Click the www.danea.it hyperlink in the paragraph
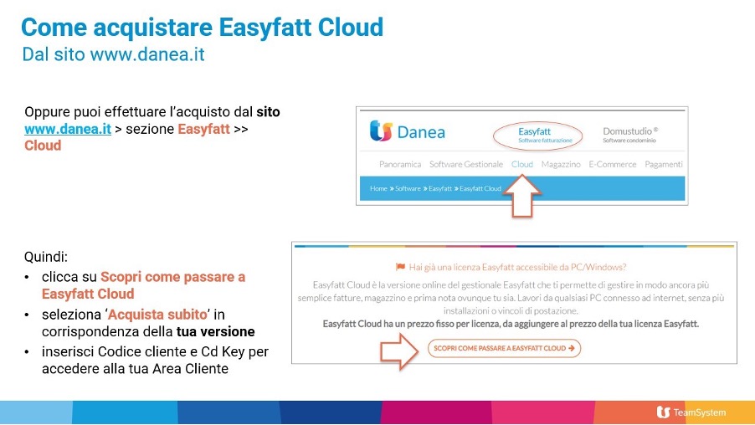coord(68,129)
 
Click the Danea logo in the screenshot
coord(408,132)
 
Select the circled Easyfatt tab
coord(534,136)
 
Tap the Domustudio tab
coord(630,135)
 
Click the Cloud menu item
coord(522,164)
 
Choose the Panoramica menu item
coord(399,164)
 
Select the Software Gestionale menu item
coord(466,164)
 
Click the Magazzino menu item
coord(561,164)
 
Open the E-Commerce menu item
coord(613,164)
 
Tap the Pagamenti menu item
coord(664,164)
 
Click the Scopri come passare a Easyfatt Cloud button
coord(504,348)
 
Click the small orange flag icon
coord(400,267)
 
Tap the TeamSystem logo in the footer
coord(691,412)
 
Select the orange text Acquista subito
coord(157,315)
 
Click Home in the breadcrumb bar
coord(378,189)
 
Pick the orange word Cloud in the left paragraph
coord(43,146)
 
